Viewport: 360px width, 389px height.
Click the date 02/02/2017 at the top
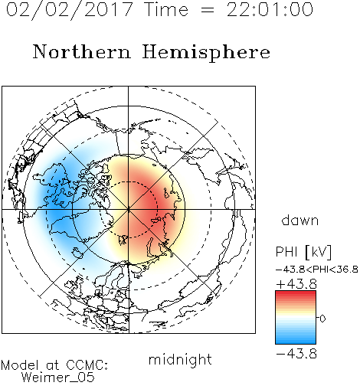click(70, 10)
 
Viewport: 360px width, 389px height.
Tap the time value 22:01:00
click(270, 10)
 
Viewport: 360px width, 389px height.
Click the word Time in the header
click(166, 10)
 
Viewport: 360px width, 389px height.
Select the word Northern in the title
click(82, 51)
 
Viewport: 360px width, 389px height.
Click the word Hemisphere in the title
click(206, 53)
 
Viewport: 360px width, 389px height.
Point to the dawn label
click(300, 221)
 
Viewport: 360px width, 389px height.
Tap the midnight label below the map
click(180, 359)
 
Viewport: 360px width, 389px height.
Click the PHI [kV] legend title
click(304, 252)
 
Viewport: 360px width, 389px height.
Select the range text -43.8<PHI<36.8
click(317, 270)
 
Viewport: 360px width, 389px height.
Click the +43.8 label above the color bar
click(296, 284)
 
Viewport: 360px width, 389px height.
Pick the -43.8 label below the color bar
click(296, 354)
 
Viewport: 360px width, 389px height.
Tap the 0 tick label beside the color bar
click(322, 319)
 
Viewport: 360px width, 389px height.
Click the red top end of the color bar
click(296, 293)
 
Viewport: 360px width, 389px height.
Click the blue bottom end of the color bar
click(296, 342)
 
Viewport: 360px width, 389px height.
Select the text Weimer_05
click(57, 377)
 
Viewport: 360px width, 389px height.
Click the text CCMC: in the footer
click(87, 365)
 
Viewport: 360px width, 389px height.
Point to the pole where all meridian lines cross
click(129, 210)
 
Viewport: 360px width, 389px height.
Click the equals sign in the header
click(208, 10)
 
